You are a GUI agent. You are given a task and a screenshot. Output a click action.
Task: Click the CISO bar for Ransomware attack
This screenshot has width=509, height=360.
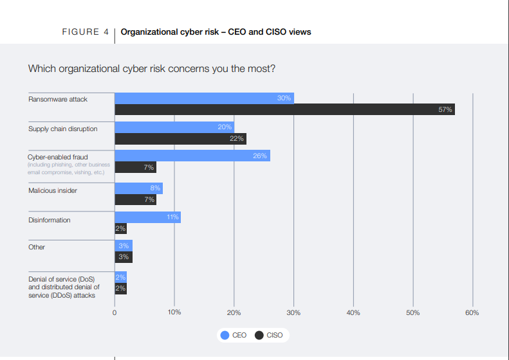click(x=284, y=110)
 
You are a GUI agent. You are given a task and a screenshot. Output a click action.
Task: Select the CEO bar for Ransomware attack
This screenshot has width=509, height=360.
click(x=204, y=98)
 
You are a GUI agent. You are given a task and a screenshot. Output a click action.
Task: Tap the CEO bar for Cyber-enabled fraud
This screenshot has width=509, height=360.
click(x=192, y=156)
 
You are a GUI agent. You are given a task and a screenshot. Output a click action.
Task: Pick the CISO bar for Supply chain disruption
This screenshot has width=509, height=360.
click(x=180, y=139)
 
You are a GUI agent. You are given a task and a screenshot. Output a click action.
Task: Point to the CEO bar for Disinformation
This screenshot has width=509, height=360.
click(x=147, y=217)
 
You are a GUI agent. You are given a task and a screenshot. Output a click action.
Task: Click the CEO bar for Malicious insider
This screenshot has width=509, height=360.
click(x=138, y=188)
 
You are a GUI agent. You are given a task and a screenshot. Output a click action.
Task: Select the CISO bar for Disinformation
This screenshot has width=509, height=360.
click(x=120, y=229)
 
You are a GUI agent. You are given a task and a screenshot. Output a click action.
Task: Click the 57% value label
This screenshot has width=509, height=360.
click(x=445, y=110)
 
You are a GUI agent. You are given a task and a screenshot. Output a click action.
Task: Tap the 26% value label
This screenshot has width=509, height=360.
click(x=260, y=156)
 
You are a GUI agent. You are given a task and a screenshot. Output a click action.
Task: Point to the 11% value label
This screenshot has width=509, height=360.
click(x=172, y=217)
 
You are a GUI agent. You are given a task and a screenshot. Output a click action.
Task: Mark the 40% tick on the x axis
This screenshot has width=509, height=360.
click(x=353, y=312)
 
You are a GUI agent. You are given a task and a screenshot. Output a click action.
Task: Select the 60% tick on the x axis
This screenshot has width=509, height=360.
click(x=472, y=312)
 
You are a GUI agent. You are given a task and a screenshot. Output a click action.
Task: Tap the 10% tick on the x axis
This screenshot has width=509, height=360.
click(x=174, y=312)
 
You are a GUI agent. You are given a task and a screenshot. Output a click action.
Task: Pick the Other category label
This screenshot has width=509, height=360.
click(x=37, y=247)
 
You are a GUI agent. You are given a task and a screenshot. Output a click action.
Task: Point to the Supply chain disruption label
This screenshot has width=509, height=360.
click(x=63, y=129)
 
